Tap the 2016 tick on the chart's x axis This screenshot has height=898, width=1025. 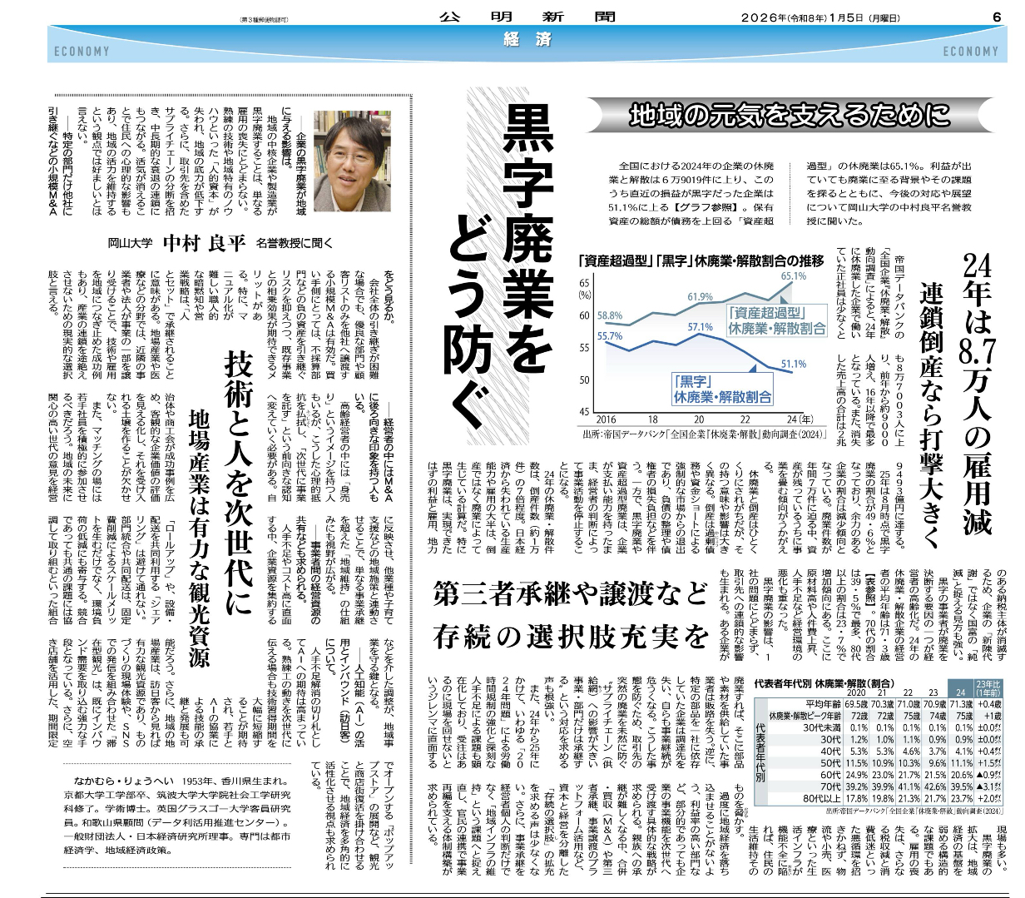607,419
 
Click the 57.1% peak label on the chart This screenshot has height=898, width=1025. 700,327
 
